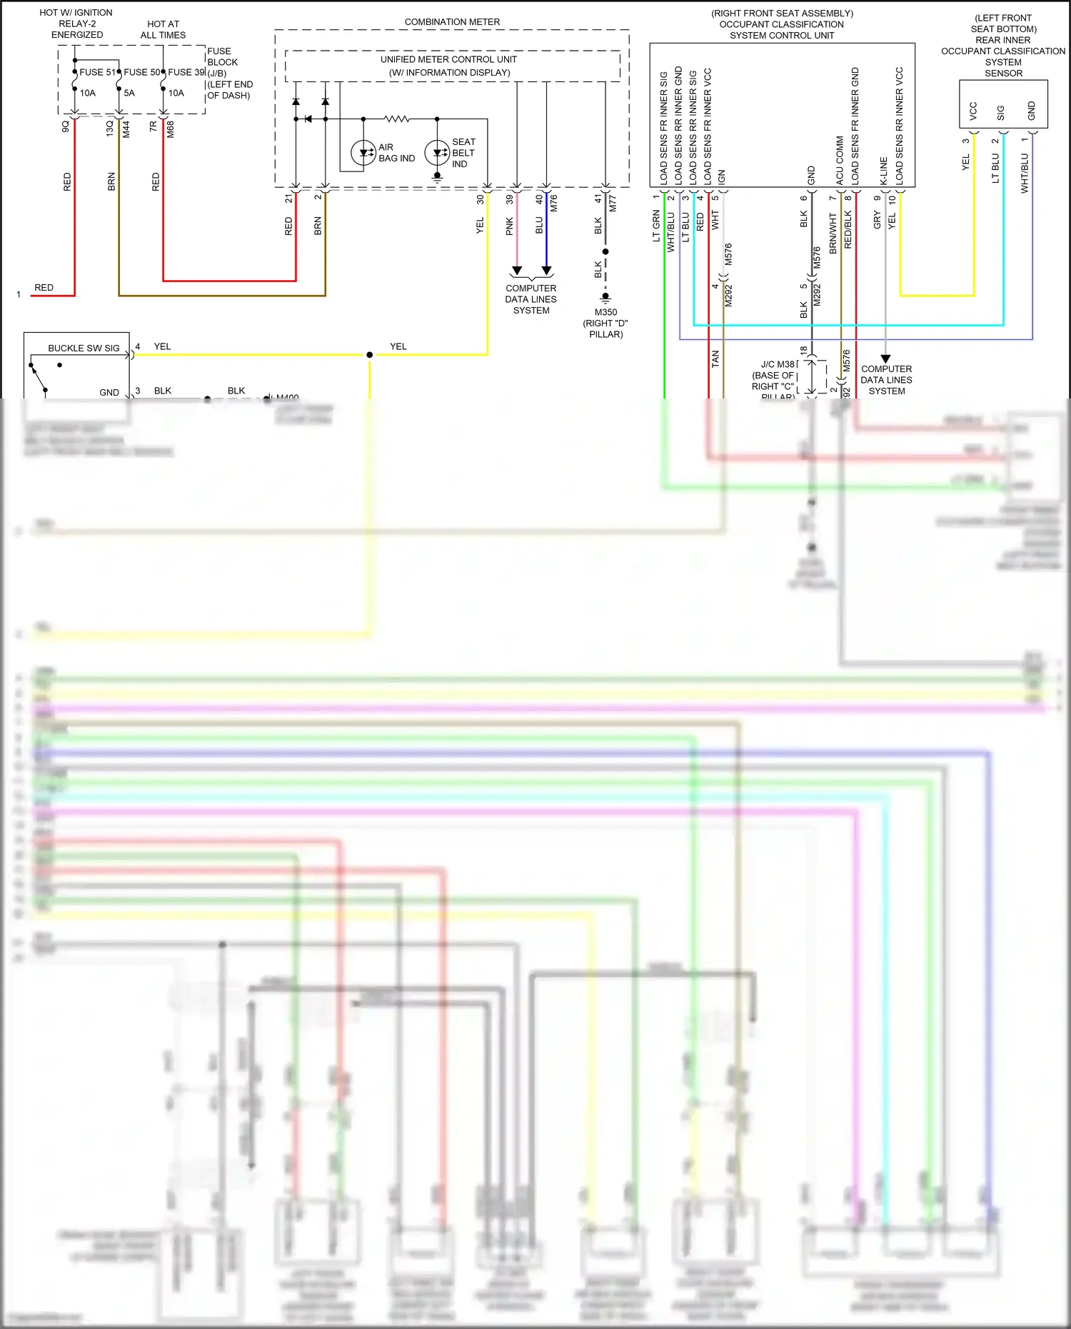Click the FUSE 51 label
[96, 72]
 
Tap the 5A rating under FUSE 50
[129, 93]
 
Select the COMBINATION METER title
[452, 22]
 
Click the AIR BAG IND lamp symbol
[363, 153]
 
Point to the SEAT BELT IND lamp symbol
[437, 153]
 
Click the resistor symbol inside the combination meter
[397, 119]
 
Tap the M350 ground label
[605, 312]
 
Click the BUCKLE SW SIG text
[84, 348]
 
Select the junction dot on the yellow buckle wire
[369, 355]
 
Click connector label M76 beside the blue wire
[553, 204]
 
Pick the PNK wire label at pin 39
[509, 226]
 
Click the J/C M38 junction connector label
[777, 364]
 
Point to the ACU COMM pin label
[840, 161]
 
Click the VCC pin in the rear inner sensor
[972, 110]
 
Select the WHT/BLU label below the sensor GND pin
[1025, 174]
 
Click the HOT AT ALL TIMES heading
[163, 29]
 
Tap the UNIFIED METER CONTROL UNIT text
[448, 59]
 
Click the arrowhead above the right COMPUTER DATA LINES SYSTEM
[885, 358]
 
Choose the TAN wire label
[715, 359]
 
